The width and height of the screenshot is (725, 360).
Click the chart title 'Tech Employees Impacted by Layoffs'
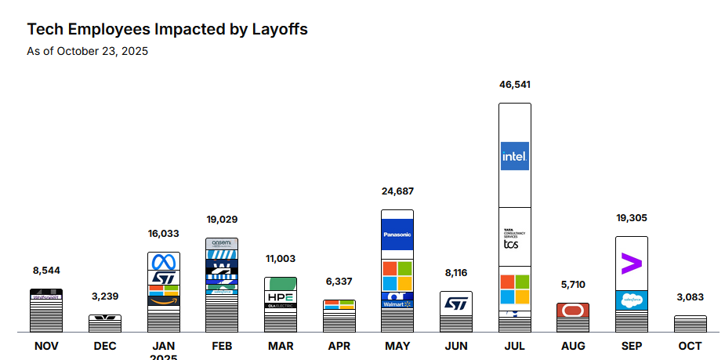coord(167,30)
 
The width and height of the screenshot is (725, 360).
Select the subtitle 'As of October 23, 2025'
coord(87,52)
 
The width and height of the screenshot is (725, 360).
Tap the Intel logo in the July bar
coord(515,155)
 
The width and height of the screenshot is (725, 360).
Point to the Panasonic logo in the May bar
coord(397,235)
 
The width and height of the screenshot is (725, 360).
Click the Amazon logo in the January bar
coord(164,299)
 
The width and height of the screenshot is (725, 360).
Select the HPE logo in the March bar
coord(281,297)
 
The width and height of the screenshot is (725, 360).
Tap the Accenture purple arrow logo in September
coord(631,263)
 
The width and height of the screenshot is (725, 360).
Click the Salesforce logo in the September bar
coord(631,300)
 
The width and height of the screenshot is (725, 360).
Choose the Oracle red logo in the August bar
coord(573,310)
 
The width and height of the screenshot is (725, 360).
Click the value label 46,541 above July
coord(515,84)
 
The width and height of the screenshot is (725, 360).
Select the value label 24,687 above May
coord(397,191)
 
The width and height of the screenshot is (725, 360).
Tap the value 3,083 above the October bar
coord(690,297)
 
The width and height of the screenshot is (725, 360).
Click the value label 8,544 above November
coord(46,271)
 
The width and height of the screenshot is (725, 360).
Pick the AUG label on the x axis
coord(573,346)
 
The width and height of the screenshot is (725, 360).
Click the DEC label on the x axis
coord(104,346)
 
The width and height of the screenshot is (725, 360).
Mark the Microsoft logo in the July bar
coord(515,289)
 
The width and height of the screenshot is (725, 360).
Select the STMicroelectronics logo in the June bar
coord(456,303)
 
